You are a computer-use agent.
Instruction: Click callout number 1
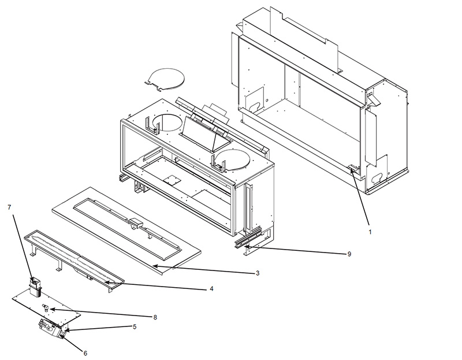[x=370, y=232]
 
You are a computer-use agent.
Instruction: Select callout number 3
[x=258, y=273]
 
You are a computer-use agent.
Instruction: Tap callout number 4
[x=211, y=289]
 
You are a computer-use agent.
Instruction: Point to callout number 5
[x=135, y=326]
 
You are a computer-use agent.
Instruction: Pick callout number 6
[x=85, y=353]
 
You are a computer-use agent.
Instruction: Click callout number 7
[x=9, y=207]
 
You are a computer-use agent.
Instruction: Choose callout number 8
[x=155, y=317]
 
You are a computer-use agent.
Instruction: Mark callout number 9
[x=349, y=254]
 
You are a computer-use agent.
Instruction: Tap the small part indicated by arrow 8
[x=46, y=307]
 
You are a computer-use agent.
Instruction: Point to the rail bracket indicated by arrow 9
[x=248, y=237]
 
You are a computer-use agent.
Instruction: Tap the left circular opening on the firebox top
[x=167, y=122]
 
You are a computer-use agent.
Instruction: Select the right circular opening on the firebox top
[x=232, y=159]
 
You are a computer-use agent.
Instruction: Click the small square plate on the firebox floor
[x=172, y=179]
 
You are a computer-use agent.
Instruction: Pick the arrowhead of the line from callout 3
[x=154, y=266]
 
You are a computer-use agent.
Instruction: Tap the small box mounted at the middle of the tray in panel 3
[x=136, y=222]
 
